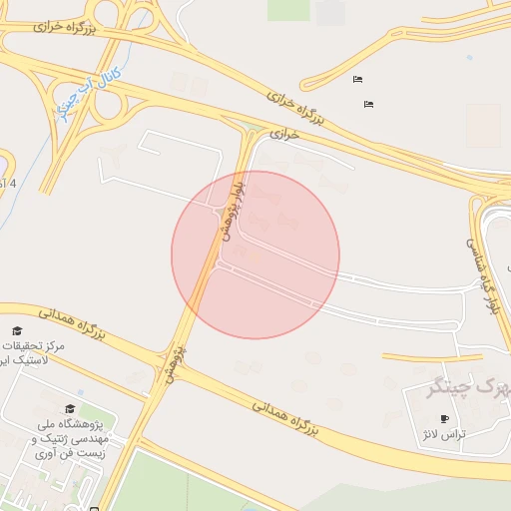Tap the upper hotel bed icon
click(357, 79)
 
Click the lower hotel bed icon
click(368, 103)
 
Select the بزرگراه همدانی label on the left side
click(72, 325)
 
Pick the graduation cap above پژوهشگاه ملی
click(69, 408)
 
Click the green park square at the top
click(287, 9)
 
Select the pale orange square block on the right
click(483, 125)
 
